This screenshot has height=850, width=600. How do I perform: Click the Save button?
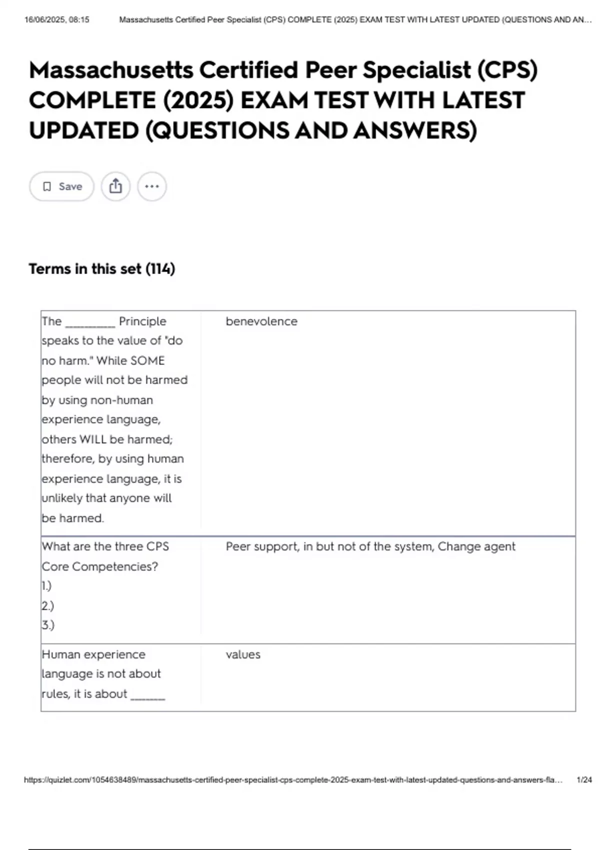[61, 186]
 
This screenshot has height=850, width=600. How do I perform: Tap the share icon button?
[115, 186]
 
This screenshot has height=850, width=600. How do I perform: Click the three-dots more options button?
[152, 186]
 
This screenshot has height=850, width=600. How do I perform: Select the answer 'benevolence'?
[261, 321]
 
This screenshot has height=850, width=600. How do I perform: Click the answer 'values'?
[243, 654]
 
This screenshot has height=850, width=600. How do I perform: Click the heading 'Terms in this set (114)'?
[102, 269]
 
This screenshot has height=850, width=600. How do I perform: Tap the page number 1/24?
[584, 779]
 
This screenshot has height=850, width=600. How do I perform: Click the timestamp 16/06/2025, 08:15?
[57, 20]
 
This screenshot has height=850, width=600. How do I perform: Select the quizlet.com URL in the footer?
[293, 779]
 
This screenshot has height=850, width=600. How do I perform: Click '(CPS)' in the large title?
[507, 70]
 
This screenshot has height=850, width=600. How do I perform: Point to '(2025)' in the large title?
[198, 100]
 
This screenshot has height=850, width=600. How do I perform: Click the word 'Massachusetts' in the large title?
[111, 70]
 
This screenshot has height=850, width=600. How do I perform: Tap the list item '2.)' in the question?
[48, 606]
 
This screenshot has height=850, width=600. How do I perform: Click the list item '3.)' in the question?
[48, 625]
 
